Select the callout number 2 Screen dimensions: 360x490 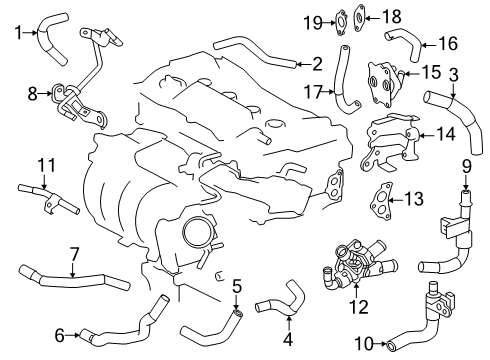(316, 66)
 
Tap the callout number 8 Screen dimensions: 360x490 (33, 94)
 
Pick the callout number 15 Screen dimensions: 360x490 (433, 72)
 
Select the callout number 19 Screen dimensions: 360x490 (312, 21)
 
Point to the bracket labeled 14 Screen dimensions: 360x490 (393, 140)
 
